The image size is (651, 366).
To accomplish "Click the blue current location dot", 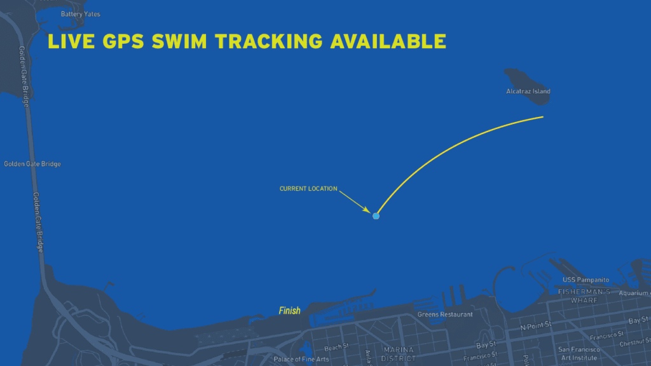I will pos(376,216).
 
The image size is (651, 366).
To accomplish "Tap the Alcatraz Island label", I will pos(528,91).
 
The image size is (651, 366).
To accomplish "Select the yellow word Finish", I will pos(289,311).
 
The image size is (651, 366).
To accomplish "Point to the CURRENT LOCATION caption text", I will pos(308,189).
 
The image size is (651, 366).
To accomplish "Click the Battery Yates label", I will pos(80,14).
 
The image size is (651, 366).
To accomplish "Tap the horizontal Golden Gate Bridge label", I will pos(32,164).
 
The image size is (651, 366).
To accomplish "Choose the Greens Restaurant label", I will pos(445,315).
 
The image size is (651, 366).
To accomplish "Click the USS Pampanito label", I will pos(586,280).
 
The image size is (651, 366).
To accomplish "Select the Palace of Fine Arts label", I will pos(301,360).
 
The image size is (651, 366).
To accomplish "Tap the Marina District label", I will pos(399,354).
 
